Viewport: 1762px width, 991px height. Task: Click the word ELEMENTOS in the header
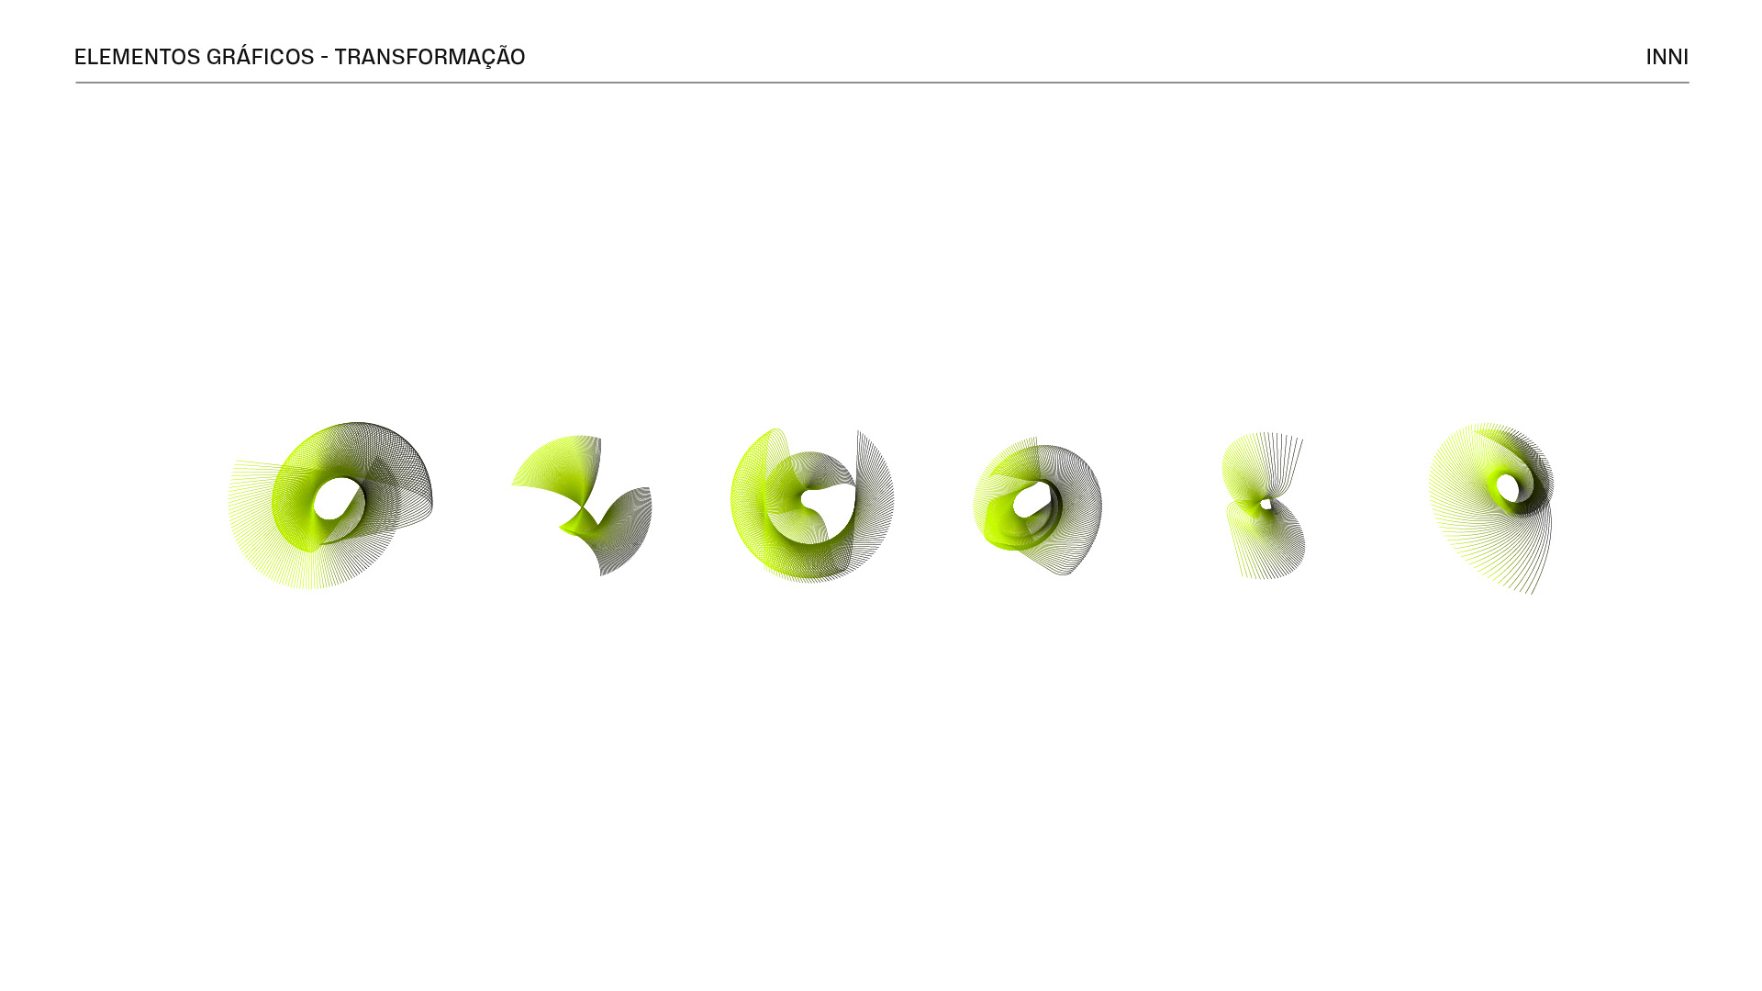pyautogui.click(x=137, y=57)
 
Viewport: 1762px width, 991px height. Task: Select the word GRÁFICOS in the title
pyautogui.click(x=261, y=56)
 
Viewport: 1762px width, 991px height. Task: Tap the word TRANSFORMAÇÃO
pyautogui.click(x=429, y=57)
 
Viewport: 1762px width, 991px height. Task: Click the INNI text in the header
pyautogui.click(x=1667, y=57)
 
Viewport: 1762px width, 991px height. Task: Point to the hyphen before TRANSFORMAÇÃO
pyautogui.click(x=324, y=58)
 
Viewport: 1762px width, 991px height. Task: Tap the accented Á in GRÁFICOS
pyautogui.click(x=243, y=56)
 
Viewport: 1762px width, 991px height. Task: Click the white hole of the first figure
pyautogui.click(x=338, y=498)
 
